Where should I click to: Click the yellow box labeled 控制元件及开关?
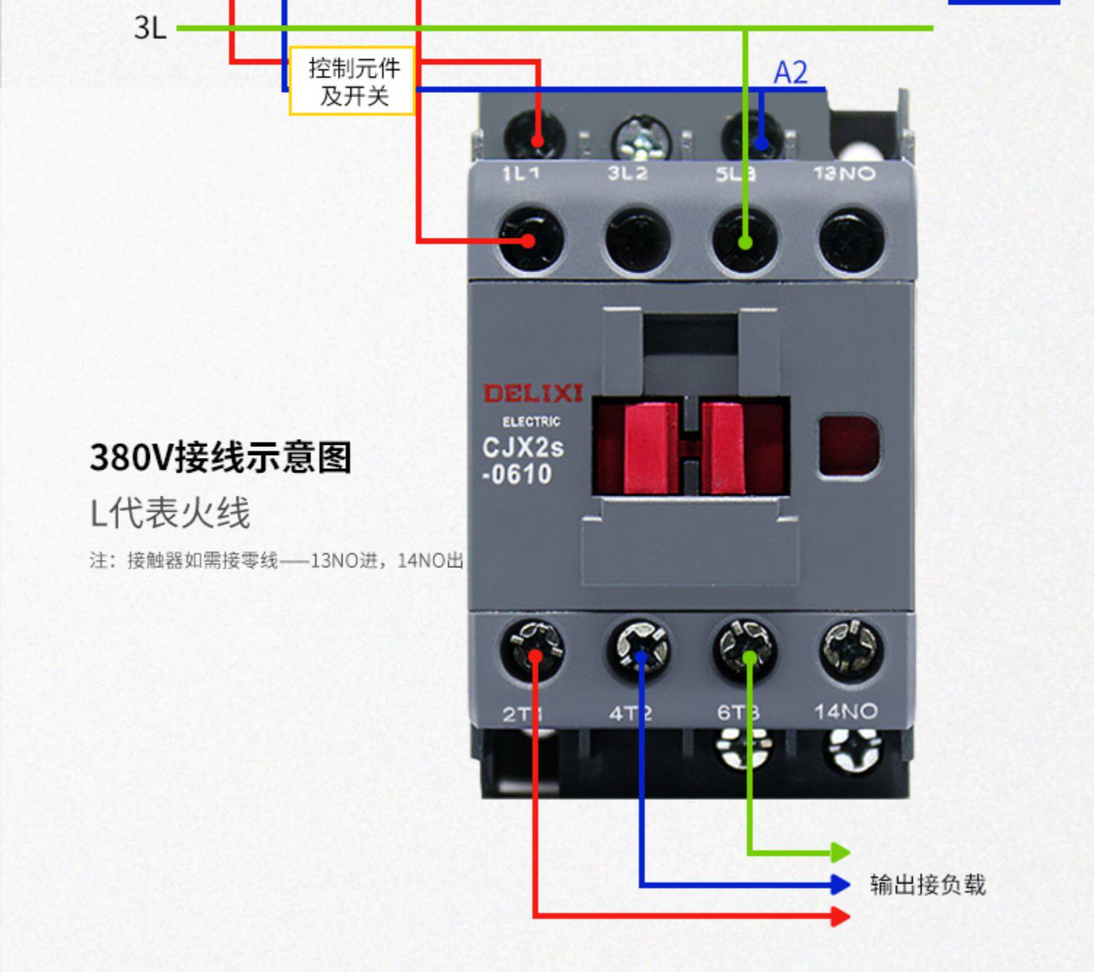tap(352, 81)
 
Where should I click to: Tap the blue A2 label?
tap(791, 73)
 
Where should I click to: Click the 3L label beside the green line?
tap(150, 28)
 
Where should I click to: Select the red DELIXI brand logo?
tap(533, 394)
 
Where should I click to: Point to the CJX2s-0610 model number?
tap(522, 460)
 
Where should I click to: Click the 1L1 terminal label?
tap(521, 174)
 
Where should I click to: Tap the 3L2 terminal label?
tap(627, 174)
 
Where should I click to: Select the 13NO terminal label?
tap(844, 174)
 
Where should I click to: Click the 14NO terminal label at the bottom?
tap(845, 711)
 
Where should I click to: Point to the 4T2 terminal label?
tap(630, 712)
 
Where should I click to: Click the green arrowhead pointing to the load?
tap(840, 852)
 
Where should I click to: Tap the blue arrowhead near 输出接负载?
tap(840, 884)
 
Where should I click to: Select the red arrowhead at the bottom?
tap(840, 916)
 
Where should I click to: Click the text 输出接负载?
tap(928, 884)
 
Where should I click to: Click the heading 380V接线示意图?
tap(220, 457)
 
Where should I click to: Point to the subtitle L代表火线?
tap(170, 513)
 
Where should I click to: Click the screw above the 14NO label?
tap(851, 648)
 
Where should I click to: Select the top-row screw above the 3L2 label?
tap(640, 139)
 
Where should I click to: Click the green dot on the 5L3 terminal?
tap(745, 242)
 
